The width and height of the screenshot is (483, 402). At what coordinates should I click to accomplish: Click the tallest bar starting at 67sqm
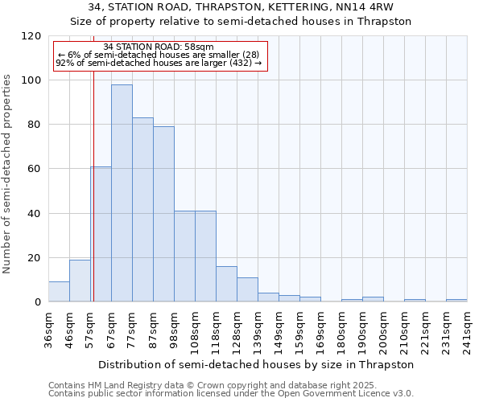point(122,193)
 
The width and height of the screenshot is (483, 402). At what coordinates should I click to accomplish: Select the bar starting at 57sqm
point(101,234)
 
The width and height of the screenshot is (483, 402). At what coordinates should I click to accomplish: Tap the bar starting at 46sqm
point(80,281)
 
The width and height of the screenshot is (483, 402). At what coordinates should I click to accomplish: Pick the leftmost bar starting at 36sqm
point(59,291)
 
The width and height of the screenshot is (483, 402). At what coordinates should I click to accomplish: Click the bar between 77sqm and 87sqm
point(142,210)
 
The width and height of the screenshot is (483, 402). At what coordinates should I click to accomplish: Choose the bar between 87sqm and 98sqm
point(163,214)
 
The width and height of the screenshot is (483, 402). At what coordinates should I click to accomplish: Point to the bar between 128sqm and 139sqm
point(247,289)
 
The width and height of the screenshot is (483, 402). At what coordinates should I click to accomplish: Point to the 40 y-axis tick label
point(34,214)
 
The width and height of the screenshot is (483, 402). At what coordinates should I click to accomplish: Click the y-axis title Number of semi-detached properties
point(7,169)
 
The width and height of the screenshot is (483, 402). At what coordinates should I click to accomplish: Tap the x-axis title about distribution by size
point(258,364)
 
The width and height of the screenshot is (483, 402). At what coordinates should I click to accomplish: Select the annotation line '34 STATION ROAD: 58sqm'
point(159,47)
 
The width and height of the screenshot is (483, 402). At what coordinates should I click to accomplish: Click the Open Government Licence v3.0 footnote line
point(231,393)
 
